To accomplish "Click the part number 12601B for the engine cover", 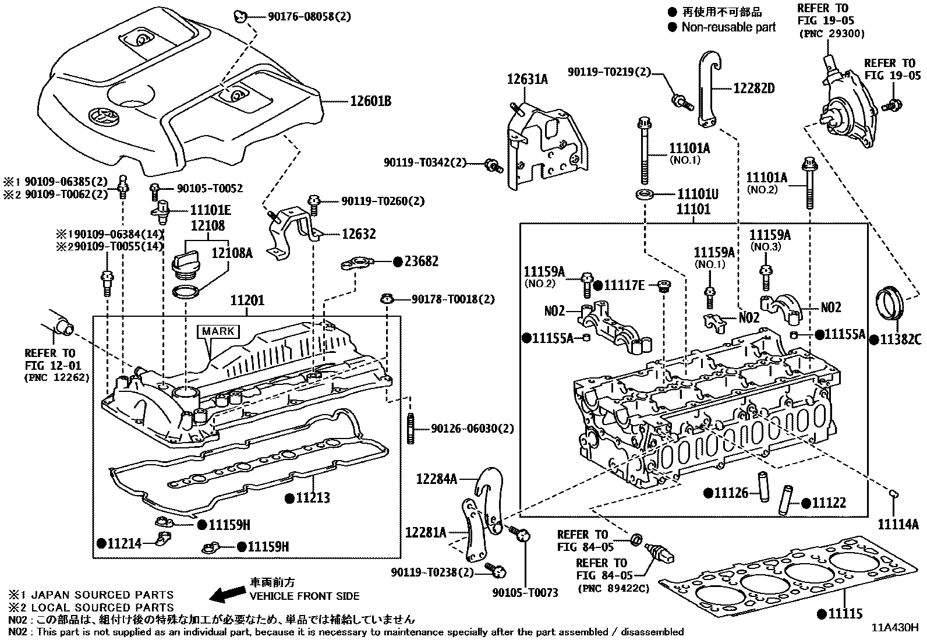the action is click(370, 101).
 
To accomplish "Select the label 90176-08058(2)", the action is click(309, 16).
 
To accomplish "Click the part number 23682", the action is click(421, 261).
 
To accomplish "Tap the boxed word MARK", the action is click(218, 331).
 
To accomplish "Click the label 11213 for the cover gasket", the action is click(313, 497).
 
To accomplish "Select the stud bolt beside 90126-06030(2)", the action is click(410, 429).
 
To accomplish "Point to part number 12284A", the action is click(436, 479).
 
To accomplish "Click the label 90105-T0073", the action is click(525, 593).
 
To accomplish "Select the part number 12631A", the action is click(527, 79).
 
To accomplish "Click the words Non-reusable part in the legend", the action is click(728, 27).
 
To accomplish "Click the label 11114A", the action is click(898, 525).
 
